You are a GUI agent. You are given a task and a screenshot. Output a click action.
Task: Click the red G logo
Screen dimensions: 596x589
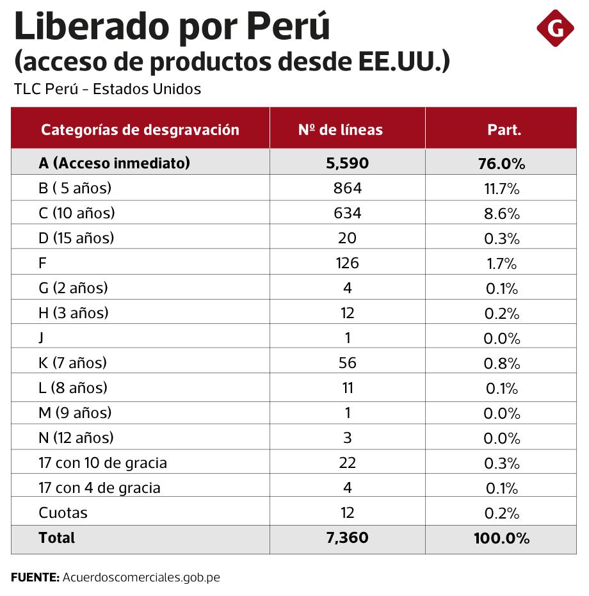(x=555, y=28)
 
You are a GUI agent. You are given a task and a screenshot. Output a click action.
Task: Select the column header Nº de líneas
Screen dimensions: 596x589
(x=340, y=130)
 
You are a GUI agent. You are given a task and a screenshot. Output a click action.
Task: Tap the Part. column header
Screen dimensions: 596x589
(x=504, y=130)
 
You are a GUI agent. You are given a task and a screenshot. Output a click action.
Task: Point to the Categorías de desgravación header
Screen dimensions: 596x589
(x=140, y=130)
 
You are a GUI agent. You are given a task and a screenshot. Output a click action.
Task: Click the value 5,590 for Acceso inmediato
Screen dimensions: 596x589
(x=347, y=163)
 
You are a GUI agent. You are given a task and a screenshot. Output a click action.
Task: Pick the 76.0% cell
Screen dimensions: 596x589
(x=501, y=164)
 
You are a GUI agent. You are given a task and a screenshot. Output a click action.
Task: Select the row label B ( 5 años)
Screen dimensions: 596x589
(x=75, y=188)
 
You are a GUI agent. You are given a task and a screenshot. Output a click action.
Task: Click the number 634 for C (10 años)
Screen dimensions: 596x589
(x=347, y=213)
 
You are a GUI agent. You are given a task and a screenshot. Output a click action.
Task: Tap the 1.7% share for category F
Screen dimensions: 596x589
(x=501, y=263)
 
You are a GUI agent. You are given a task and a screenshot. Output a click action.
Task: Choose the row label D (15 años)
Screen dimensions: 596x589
(x=76, y=238)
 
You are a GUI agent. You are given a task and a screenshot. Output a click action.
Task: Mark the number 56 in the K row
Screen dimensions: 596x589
(x=347, y=363)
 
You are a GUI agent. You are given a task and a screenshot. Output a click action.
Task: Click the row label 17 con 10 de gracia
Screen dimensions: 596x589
(x=102, y=463)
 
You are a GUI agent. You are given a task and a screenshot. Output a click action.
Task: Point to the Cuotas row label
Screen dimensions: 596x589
(x=63, y=513)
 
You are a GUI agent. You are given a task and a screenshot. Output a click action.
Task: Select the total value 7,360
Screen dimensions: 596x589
(x=347, y=538)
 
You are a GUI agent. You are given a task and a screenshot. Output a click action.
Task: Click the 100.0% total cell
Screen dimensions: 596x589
(x=501, y=538)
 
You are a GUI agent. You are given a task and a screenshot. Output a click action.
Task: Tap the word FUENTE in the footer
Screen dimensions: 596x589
(x=35, y=577)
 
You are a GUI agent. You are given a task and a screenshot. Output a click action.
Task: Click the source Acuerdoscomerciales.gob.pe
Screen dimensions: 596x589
(x=141, y=577)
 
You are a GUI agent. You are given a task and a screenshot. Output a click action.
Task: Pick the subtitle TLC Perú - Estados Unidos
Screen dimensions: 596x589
(x=108, y=89)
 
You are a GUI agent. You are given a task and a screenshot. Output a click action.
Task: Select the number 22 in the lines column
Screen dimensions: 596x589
(x=347, y=463)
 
